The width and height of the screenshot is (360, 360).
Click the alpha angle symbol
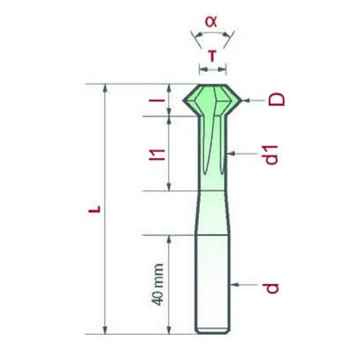[x=211, y=22]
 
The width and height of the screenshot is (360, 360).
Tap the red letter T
[x=212, y=57]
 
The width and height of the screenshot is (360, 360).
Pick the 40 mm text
[x=158, y=285]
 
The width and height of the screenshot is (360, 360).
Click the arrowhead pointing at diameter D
[x=246, y=100]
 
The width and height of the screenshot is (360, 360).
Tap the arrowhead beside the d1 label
[x=231, y=153]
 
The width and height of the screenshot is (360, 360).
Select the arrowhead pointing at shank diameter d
[x=234, y=285]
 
